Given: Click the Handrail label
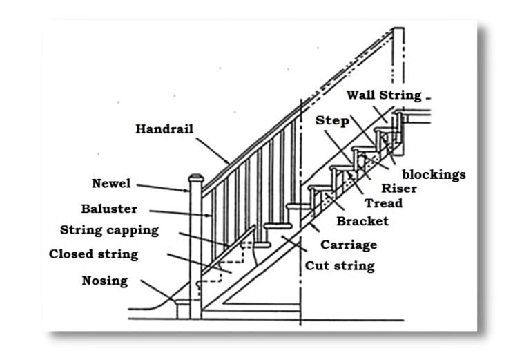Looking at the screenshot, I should pyautogui.click(x=164, y=129).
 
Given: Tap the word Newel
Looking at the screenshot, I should pyautogui.click(x=111, y=184).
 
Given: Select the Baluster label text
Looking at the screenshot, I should pyautogui.click(x=109, y=209).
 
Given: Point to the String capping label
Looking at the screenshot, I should pyautogui.click(x=109, y=230).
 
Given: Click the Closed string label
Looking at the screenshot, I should pyautogui.click(x=93, y=254).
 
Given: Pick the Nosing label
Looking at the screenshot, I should pyautogui.click(x=104, y=281).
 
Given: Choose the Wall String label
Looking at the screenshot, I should pyautogui.click(x=384, y=95).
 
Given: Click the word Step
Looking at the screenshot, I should pyautogui.click(x=332, y=121).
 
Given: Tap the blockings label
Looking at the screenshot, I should pyautogui.click(x=434, y=175).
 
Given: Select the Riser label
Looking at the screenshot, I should pyautogui.click(x=398, y=188).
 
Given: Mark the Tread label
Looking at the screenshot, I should pyautogui.click(x=383, y=204).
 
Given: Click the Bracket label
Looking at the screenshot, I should pyautogui.click(x=362, y=221).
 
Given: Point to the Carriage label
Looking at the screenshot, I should pyautogui.click(x=349, y=245).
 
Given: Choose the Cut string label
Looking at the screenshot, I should pyautogui.click(x=340, y=265).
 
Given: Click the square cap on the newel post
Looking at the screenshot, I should pyautogui.click(x=195, y=178).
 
